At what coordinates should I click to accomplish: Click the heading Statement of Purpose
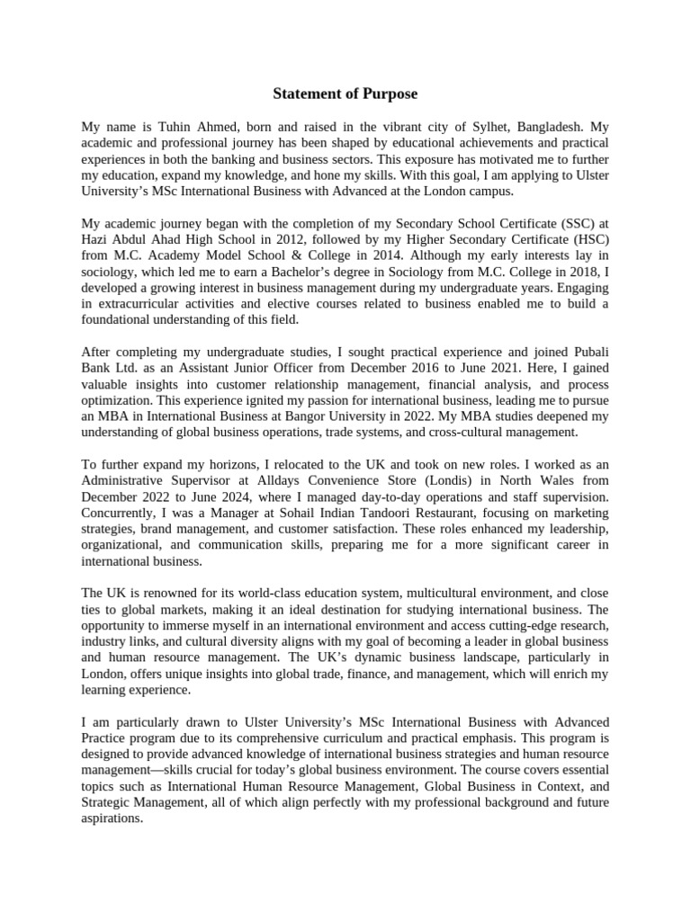tap(346, 93)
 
